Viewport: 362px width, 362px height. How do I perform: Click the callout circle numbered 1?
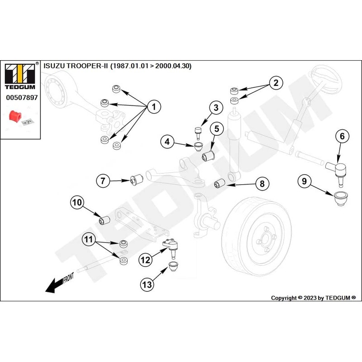(154, 107)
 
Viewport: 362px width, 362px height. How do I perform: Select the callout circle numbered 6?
(342, 136)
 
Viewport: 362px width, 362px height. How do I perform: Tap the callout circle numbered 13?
(147, 285)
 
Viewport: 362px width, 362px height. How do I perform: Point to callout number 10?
(77, 202)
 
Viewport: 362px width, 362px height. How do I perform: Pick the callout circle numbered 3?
(216, 108)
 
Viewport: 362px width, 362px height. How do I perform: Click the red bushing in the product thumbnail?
(15, 116)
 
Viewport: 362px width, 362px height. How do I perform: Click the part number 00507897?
(22, 97)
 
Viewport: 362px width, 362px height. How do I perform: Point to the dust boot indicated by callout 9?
(341, 198)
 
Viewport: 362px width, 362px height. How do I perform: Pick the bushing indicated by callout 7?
(137, 180)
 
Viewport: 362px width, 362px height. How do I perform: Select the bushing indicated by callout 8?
(219, 183)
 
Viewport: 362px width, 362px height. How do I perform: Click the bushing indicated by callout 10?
(105, 220)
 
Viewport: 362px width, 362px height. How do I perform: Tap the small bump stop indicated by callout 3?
(198, 133)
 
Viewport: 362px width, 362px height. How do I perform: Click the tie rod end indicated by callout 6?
(338, 173)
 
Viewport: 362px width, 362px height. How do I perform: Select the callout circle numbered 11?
(89, 239)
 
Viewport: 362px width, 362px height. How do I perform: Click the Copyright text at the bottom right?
(313, 298)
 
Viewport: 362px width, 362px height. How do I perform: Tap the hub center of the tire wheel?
(265, 239)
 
